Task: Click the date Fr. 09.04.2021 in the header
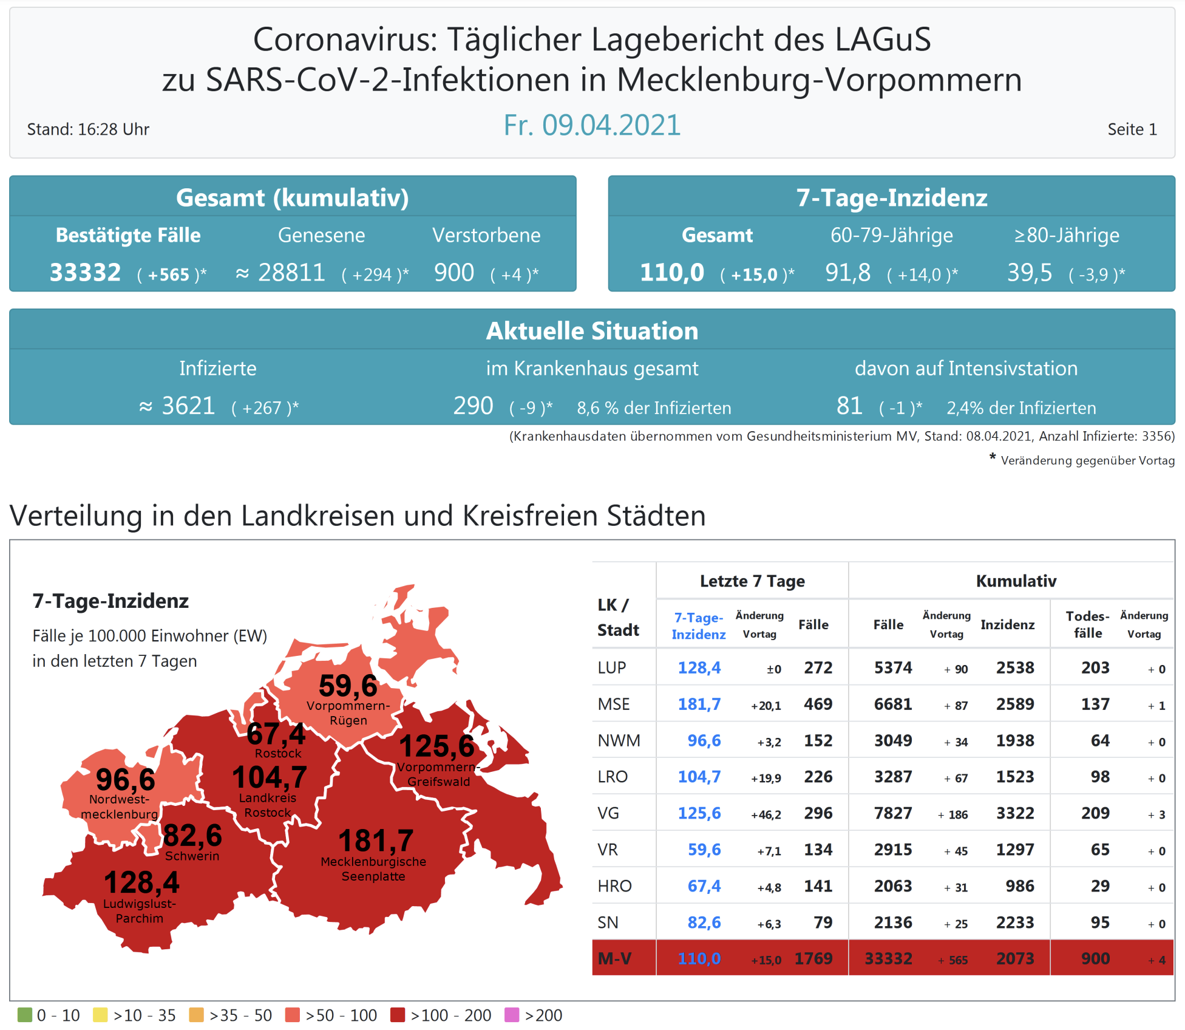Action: coord(592,125)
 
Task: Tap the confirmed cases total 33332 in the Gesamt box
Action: coord(85,273)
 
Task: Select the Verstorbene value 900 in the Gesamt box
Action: coord(454,273)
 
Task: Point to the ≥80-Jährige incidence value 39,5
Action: coord(1030,273)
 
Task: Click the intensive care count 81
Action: coord(849,406)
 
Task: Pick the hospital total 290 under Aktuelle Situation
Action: coord(473,406)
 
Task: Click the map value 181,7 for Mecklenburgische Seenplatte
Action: coord(376,841)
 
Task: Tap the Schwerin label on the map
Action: coord(192,856)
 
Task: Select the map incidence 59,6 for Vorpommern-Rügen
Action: coord(348,686)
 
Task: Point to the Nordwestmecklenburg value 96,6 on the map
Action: coord(126,780)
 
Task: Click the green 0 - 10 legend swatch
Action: coord(25,1015)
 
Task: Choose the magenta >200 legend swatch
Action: coord(512,1015)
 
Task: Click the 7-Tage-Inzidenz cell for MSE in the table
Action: coord(699,704)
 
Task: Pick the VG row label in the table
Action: coord(608,813)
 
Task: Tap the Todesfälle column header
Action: coord(1087,624)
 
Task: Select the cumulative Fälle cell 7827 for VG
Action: coord(892,813)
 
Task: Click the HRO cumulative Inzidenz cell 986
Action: coord(1019,886)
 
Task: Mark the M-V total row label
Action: coord(614,958)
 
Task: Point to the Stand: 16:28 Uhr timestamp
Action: coord(88,129)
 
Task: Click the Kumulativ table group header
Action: coord(1016,581)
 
